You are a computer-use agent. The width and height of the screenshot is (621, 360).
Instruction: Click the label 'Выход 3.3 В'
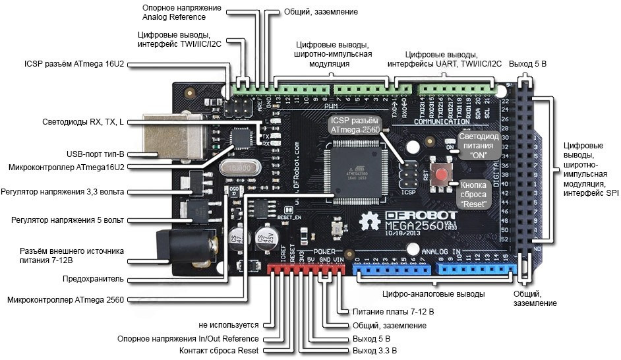(375, 351)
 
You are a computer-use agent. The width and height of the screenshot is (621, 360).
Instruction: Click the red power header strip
(306, 269)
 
